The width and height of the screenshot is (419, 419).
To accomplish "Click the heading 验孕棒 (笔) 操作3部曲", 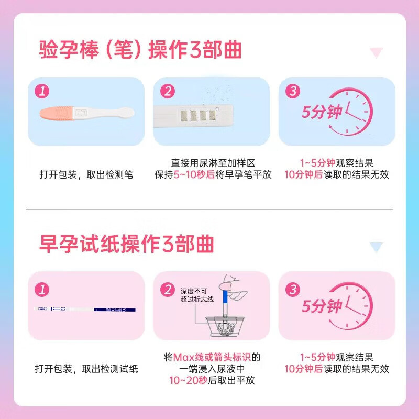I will (141, 50).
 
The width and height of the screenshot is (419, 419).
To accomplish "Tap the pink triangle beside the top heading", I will (376, 52).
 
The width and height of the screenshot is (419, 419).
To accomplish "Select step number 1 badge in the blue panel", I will (42, 91).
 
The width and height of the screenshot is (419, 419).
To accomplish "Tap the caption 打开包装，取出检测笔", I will (86, 174).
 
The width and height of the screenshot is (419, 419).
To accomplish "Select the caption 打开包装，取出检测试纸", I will (86, 369).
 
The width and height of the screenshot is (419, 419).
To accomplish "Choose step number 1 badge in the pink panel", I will (42, 289).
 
